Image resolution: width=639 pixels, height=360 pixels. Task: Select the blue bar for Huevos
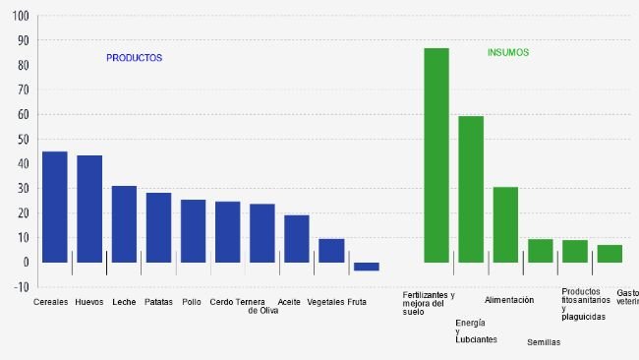(x=89, y=209)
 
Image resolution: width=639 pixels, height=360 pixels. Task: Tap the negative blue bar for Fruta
(x=366, y=267)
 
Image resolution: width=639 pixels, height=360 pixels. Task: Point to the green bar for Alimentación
(x=505, y=224)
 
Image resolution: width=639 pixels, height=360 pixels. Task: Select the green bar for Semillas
(x=540, y=251)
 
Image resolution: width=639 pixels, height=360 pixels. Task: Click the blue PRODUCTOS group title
(x=134, y=58)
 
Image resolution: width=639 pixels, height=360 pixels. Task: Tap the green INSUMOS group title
(x=508, y=52)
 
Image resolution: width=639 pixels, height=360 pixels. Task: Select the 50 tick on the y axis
(x=20, y=140)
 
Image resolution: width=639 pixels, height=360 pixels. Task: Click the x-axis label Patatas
(x=157, y=302)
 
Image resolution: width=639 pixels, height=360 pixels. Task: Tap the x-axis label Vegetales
(x=325, y=302)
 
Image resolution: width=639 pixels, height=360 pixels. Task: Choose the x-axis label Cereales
(x=50, y=302)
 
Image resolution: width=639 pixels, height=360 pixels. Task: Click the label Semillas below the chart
(x=544, y=342)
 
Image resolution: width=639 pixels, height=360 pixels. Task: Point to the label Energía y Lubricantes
(x=476, y=330)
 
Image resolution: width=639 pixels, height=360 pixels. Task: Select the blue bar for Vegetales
(x=331, y=251)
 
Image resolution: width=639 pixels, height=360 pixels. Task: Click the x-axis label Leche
(x=124, y=302)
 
